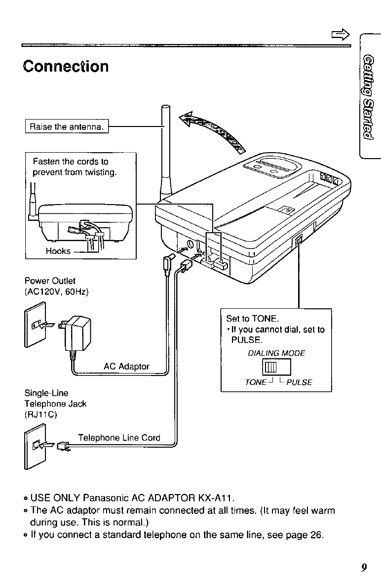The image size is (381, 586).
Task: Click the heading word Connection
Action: pos(65,66)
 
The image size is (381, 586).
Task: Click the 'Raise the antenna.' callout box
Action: pos(68,127)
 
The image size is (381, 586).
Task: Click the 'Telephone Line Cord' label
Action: pos(119,438)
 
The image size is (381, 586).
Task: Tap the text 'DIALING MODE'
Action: pos(276,353)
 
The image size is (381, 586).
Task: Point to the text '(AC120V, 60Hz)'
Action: pos(56,292)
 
